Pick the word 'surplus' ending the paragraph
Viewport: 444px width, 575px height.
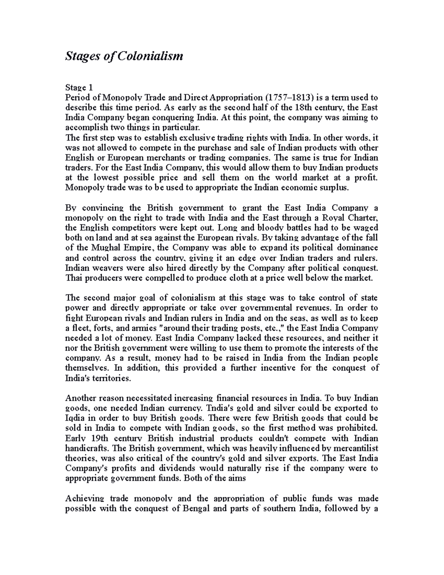335,188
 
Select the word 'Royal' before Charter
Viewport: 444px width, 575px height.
332,218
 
